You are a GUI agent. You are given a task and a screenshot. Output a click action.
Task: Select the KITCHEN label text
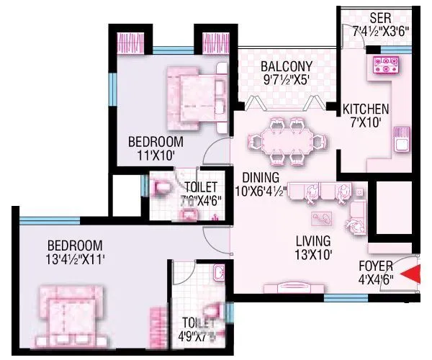point(366,109)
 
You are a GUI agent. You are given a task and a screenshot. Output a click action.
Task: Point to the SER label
point(380,17)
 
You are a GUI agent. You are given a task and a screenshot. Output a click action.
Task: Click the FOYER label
point(376,266)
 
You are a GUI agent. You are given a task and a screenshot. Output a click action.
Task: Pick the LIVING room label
point(312,240)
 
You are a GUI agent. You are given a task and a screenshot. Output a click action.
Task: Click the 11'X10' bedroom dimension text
point(152,155)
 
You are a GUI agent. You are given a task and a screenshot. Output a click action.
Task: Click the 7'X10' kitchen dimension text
point(366,123)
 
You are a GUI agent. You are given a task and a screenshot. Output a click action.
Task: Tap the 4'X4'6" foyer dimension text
point(376,279)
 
